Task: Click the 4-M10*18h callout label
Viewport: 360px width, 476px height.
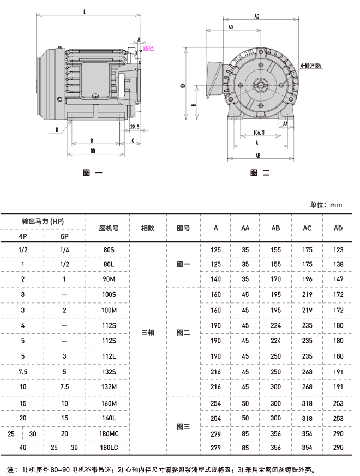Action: pyautogui.click(x=310, y=66)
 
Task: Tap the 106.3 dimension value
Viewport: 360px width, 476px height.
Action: pyautogui.click(x=259, y=132)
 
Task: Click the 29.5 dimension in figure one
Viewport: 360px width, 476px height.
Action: pyautogui.click(x=135, y=127)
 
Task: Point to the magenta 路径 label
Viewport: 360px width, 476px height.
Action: pyautogui.click(x=148, y=48)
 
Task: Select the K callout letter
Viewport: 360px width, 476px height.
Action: pyautogui.click(x=57, y=129)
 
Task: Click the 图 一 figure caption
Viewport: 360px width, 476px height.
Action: pyautogui.click(x=93, y=173)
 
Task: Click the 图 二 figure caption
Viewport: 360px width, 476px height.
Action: pyautogui.click(x=260, y=173)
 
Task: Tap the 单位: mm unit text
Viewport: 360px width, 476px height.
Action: pyautogui.click(x=326, y=205)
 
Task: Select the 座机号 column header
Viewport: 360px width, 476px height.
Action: pyautogui.click(x=109, y=228)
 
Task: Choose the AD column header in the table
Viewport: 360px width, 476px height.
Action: pyautogui.click(x=338, y=228)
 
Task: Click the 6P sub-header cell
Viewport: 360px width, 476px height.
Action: pyautogui.click(x=64, y=236)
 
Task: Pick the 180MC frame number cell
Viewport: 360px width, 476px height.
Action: pyautogui.click(x=109, y=434)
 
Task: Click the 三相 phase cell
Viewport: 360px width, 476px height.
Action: pyautogui.click(x=148, y=333)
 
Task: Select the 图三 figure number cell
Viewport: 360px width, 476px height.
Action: pyautogui.click(x=183, y=426)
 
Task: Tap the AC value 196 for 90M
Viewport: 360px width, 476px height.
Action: pyautogui.click(x=307, y=279)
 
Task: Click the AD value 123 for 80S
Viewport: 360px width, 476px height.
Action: pyautogui.click(x=338, y=250)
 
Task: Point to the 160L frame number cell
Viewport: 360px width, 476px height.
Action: pyautogui.click(x=109, y=418)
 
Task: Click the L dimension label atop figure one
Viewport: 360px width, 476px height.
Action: pyautogui.click(x=85, y=12)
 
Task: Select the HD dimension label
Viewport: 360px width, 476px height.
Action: pyautogui.click(x=183, y=86)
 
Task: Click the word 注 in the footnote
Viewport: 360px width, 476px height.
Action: pyautogui.click(x=10, y=469)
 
